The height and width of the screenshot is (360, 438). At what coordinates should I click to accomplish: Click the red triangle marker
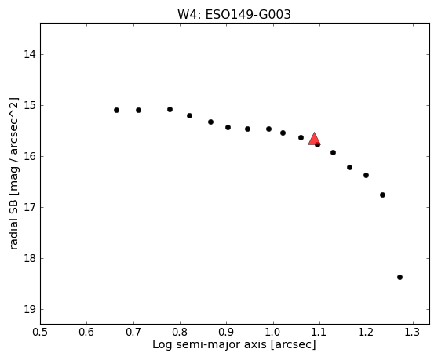(x=314, y=140)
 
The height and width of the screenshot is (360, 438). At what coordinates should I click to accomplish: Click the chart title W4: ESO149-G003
(x=234, y=15)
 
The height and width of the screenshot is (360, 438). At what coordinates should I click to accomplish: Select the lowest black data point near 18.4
(x=400, y=277)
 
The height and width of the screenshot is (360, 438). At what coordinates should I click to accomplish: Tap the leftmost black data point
(x=116, y=111)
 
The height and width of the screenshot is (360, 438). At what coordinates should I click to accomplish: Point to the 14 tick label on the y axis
(x=30, y=54)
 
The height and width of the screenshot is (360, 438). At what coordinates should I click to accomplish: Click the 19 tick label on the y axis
(x=30, y=310)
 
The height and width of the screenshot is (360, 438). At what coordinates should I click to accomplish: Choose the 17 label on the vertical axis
(x=30, y=207)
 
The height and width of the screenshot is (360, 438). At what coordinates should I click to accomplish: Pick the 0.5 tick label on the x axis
(x=40, y=332)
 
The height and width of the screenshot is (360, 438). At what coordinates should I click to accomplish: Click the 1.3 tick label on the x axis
(x=413, y=332)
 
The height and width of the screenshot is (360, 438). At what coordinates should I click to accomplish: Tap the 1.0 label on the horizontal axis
(x=273, y=332)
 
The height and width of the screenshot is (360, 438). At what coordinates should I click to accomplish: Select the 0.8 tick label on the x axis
(x=180, y=332)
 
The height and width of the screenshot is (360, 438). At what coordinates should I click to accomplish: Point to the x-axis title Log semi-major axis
(x=210, y=344)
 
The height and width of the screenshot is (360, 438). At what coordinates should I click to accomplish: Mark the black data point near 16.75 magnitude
(x=383, y=195)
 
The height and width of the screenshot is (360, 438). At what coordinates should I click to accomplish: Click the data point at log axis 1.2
(x=367, y=175)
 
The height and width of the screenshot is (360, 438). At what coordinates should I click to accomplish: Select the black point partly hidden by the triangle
(x=318, y=144)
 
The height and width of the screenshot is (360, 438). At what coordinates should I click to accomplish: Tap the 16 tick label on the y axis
(x=30, y=157)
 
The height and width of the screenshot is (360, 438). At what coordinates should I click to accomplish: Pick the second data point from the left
(x=139, y=111)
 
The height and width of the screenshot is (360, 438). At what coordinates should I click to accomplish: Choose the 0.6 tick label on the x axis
(x=86, y=332)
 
